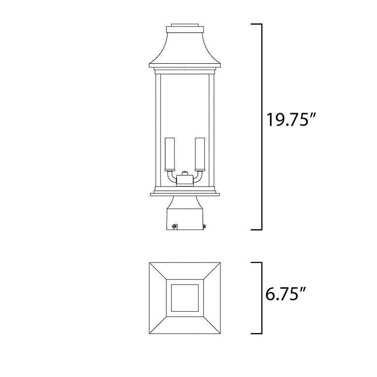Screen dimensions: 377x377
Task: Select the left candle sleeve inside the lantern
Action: (169, 154)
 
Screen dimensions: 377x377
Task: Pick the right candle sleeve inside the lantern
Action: (199, 154)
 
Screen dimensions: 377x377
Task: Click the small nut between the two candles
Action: (184, 173)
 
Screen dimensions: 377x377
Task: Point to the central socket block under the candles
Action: (184, 181)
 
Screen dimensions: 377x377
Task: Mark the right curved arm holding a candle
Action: (197, 178)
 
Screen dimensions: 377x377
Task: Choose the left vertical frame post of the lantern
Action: (157, 130)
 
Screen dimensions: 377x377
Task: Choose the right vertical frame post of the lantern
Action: (211, 130)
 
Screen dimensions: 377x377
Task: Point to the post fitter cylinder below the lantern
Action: (185, 215)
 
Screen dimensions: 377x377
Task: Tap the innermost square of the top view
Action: (184, 299)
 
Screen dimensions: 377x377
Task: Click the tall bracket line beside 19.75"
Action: (261, 126)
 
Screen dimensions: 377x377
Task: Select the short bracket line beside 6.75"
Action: (261, 298)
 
